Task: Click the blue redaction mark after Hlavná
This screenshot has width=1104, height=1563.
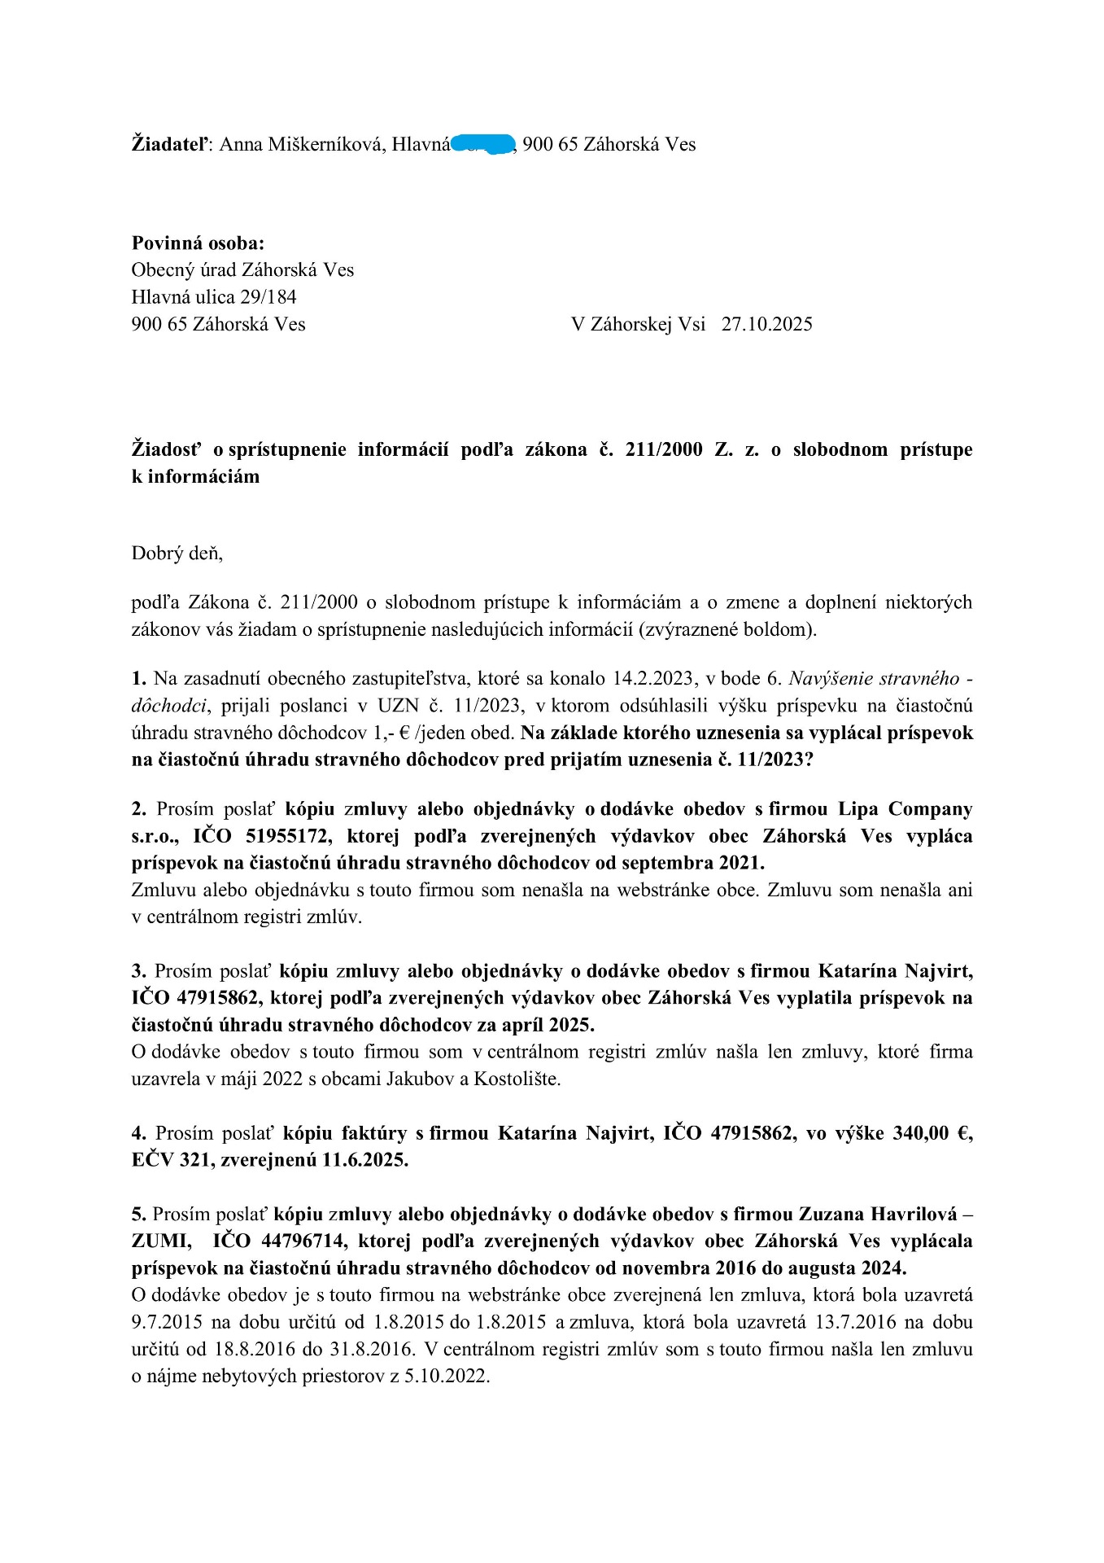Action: pyautogui.click(x=483, y=144)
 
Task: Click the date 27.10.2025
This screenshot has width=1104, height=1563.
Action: pyautogui.click(x=766, y=324)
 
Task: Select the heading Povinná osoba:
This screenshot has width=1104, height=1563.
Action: pyautogui.click(x=198, y=243)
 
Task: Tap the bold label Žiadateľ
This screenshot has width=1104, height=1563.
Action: pyautogui.click(x=170, y=144)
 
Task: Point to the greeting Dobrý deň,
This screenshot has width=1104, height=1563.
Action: pyautogui.click(x=177, y=554)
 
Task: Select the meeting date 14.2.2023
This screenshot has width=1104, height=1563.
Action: pyautogui.click(x=661, y=679)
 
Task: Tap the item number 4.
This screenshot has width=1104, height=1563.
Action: pyautogui.click(x=139, y=1133)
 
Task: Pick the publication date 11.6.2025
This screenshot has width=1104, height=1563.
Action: pyautogui.click(x=365, y=1160)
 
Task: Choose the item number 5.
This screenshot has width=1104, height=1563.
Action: pyautogui.click(x=139, y=1214)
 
